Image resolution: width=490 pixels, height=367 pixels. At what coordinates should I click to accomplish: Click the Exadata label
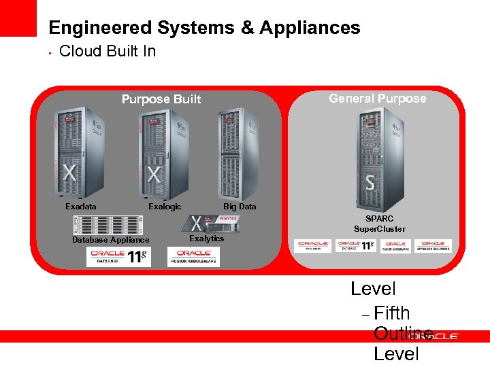(80, 207)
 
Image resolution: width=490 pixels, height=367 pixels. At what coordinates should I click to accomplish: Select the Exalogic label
(165, 207)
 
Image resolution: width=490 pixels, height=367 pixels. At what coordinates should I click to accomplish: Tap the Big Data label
(240, 207)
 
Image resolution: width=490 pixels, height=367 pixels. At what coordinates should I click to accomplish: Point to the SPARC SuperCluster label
(379, 224)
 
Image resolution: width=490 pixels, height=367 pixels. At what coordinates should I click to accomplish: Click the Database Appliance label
(110, 240)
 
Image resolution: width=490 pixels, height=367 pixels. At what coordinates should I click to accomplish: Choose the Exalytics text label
(206, 239)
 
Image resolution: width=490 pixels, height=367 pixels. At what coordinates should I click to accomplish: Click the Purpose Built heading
(161, 99)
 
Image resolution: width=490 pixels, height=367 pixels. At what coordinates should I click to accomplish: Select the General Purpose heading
(377, 99)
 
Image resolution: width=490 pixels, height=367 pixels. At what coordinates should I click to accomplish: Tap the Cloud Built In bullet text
(108, 51)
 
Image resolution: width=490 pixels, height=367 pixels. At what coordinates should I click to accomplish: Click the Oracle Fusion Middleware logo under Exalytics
(193, 256)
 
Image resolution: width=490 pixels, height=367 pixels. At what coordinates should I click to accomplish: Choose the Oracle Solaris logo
(312, 245)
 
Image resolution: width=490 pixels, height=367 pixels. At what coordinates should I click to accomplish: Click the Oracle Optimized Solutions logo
(433, 245)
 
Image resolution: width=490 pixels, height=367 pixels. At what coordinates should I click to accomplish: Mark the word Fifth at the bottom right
(392, 313)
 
